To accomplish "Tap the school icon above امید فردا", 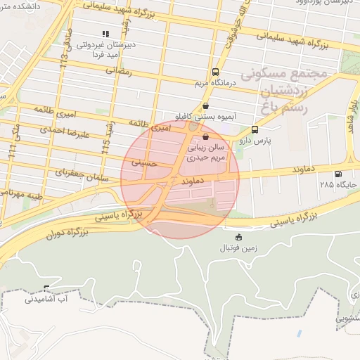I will click(105, 33).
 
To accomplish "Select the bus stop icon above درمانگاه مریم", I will click(214, 72).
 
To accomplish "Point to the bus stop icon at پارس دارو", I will click(255, 129).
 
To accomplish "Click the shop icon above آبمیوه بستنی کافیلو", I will click(205, 105).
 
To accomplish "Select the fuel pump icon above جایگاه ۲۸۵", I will click(339, 174).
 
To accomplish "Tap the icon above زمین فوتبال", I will click(239, 237).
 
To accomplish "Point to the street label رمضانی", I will click(118, 70).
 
